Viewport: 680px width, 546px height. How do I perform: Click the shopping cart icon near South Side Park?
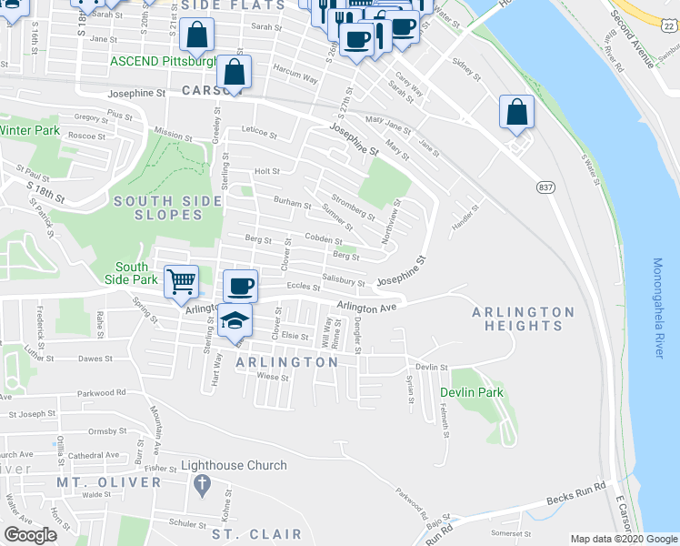[182, 282]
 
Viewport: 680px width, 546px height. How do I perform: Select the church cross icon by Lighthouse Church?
[202, 484]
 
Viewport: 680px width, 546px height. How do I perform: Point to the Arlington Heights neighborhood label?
[523, 318]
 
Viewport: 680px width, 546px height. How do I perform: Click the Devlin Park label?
[472, 392]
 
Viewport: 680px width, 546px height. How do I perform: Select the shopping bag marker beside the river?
[516, 113]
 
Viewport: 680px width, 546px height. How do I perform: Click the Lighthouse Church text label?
[234, 465]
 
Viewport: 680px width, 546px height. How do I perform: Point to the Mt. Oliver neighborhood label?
[108, 481]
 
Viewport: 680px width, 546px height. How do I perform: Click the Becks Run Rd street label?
[575, 500]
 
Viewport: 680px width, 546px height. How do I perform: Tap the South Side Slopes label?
[155, 207]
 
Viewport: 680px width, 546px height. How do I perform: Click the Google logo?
[31, 535]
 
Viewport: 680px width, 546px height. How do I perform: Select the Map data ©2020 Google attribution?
[625, 538]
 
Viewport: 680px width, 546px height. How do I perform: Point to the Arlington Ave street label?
[367, 308]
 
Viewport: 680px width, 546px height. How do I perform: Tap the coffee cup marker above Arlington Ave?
[240, 287]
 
